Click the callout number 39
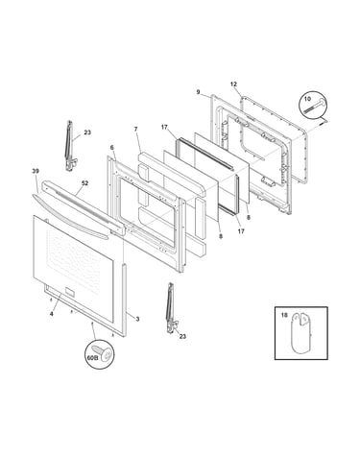click(36, 171)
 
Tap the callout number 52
click(84, 183)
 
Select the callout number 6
click(111, 148)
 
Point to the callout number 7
click(135, 129)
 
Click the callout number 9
click(198, 92)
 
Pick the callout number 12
click(233, 84)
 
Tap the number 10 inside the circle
click(307, 99)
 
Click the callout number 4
click(51, 314)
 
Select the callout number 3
click(137, 319)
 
